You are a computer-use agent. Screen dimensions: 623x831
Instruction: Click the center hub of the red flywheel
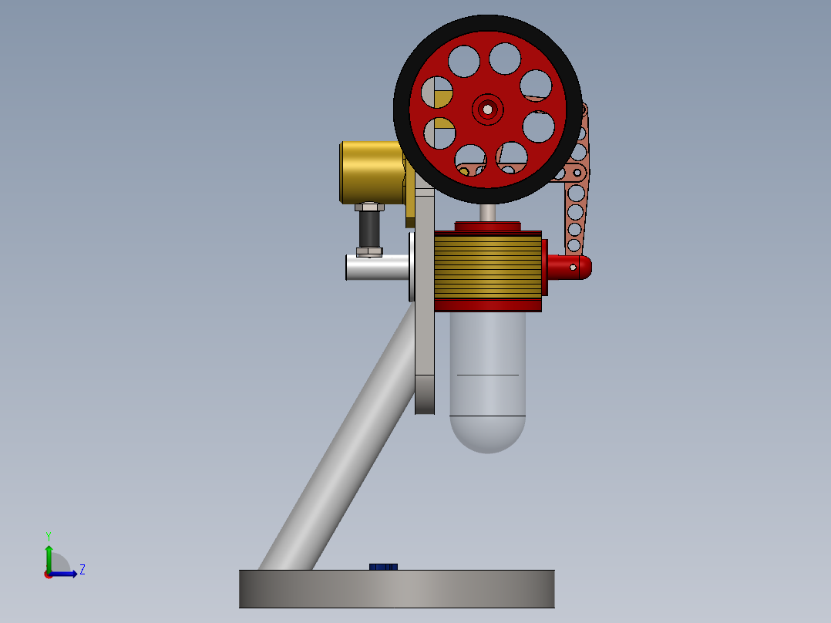point(487,109)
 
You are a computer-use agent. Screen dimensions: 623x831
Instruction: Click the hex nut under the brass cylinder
point(370,207)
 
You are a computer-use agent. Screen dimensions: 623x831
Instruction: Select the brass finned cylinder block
point(487,267)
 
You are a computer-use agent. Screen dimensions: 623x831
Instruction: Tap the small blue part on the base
point(383,567)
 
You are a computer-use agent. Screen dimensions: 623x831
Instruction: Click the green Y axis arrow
point(48,554)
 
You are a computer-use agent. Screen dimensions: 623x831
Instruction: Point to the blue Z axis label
point(82,570)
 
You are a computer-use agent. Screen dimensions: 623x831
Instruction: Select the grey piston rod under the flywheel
point(487,211)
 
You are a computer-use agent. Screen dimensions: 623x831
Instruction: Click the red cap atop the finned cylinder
point(487,227)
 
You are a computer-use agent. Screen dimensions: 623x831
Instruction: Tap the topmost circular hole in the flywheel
point(504,59)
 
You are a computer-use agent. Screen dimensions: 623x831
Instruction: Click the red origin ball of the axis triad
point(49,574)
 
